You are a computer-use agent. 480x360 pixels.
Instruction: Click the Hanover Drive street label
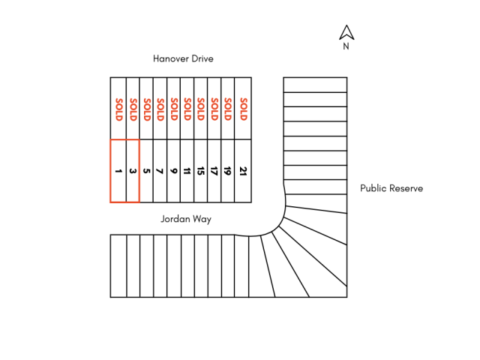pyautogui.click(x=184, y=58)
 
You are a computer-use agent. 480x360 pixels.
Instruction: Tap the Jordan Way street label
pyautogui.click(x=186, y=219)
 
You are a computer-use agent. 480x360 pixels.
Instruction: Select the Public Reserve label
pyautogui.click(x=391, y=188)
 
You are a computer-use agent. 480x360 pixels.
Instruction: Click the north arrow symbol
pyautogui.click(x=346, y=32)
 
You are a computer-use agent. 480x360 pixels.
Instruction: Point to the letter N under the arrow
pyautogui.click(x=346, y=46)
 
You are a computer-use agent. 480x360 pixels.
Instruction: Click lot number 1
pyautogui.click(x=118, y=171)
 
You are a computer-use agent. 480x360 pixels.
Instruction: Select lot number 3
pyautogui.click(x=133, y=171)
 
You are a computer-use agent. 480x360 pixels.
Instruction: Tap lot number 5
pyautogui.click(x=147, y=171)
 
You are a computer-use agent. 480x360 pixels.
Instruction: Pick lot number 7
pyautogui.click(x=160, y=171)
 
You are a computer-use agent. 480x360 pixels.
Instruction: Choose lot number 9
pyautogui.click(x=174, y=171)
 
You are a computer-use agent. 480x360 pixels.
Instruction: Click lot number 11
pyautogui.click(x=187, y=171)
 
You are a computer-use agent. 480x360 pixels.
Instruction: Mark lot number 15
pyautogui.click(x=201, y=171)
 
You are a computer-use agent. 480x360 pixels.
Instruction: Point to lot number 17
pyautogui.click(x=214, y=171)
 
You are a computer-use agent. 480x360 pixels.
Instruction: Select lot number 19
pyautogui.click(x=228, y=171)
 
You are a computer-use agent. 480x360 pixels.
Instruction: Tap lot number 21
pyautogui.click(x=243, y=171)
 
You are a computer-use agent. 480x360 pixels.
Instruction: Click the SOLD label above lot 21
pyautogui.click(x=243, y=109)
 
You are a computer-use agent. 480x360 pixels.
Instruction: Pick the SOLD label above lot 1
pyautogui.click(x=118, y=109)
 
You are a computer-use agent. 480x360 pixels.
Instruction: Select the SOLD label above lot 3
pyautogui.click(x=133, y=109)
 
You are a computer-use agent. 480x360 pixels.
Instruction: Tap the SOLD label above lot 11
pyautogui.click(x=187, y=109)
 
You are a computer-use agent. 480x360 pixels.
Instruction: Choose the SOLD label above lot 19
pyautogui.click(x=228, y=109)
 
